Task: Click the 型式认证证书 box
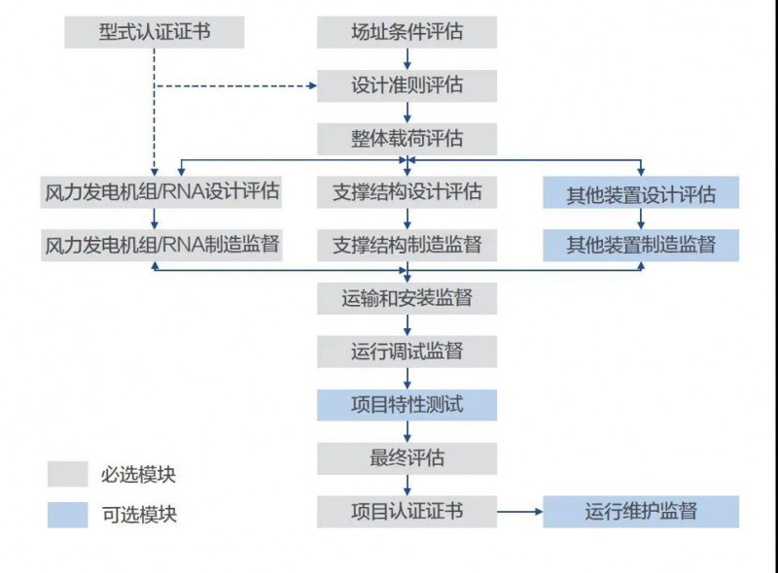click(x=155, y=32)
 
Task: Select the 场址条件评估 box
click(x=407, y=32)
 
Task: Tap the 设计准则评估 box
click(x=407, y=85)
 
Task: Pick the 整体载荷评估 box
click(x=407, y=137)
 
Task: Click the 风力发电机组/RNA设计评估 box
click(x=162, y=191)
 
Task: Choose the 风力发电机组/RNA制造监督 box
click(x=162, y=244)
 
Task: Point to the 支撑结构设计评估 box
click(x=407, y=191)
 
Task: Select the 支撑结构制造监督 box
click(x=407, y=244)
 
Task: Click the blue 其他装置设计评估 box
click(x=641, y=193)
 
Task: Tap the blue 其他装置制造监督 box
click(x=641, y=245)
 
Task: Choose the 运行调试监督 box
click(x=407, y=351)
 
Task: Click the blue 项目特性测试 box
click(x=407, y=404)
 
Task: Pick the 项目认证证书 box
click(x=407, y=510)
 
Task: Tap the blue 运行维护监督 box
click(x=641, y=511)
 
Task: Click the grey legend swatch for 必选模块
click(x=67, y=474)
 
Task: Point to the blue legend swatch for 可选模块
click(x=67, y=515)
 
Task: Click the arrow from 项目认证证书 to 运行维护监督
click(x=519, y=511)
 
